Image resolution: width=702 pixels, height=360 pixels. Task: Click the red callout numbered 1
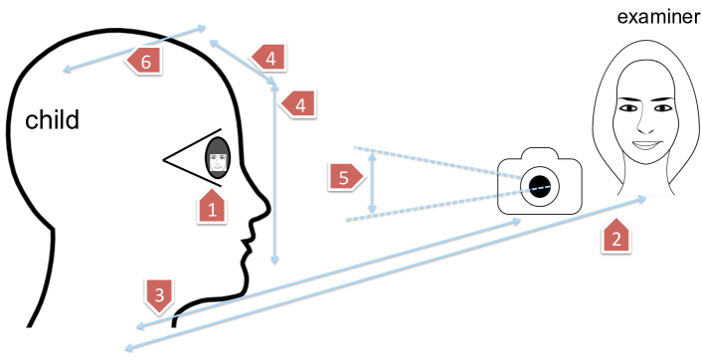coord(212,207)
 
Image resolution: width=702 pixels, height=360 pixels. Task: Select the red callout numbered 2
coord(616,236)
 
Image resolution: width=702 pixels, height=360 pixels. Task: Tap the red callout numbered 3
coord(159,293)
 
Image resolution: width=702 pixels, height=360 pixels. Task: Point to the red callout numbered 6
coord(144,61)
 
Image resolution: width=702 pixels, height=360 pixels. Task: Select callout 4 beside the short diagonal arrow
coord(268,57)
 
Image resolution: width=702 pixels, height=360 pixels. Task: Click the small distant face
coord(218,157)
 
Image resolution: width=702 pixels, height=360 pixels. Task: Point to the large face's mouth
coord(644,145)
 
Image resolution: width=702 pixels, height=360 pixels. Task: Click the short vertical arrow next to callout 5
coord(372,182)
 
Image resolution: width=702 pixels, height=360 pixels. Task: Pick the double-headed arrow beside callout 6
coord(135,48)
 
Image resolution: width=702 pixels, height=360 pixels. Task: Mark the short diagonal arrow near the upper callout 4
coord(241,62)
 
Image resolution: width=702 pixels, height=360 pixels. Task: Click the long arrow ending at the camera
coord(328,273)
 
